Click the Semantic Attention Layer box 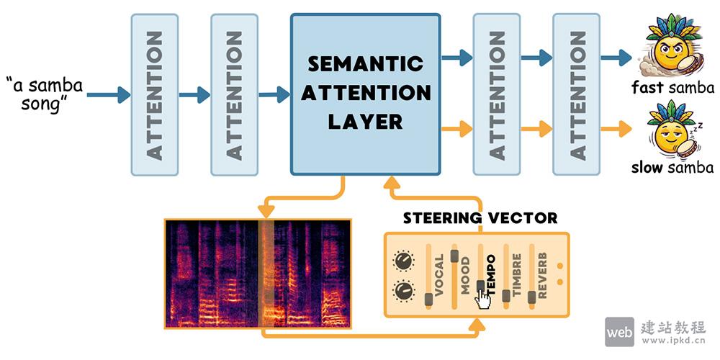point(365,94)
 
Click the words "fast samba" point(672,88)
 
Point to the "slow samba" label point(672,168)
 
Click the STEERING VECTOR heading point(480,217)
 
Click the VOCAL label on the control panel point(439,274)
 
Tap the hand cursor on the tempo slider point(483,301)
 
